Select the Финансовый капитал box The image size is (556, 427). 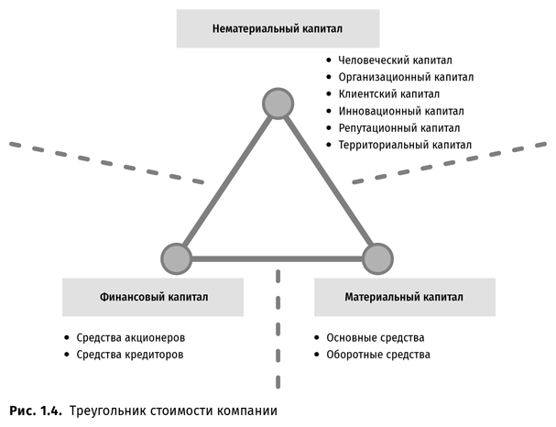tap(154, 298)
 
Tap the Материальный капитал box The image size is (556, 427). tap(404, 298)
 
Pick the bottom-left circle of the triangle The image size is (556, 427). tap(176, 259)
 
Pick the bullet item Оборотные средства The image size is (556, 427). tap(378, 354)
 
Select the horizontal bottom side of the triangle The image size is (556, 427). tap(277, 259)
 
